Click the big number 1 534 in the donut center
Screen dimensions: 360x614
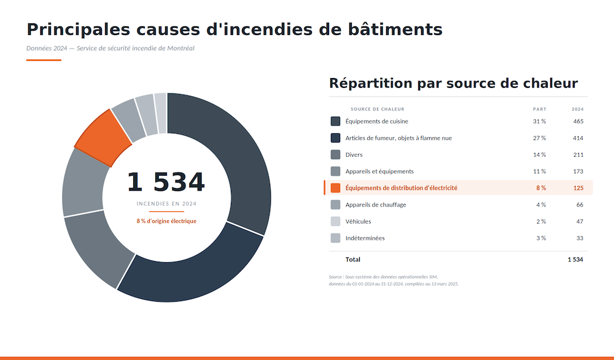click(166, 182)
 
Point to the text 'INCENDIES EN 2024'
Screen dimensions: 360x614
click(166, 203)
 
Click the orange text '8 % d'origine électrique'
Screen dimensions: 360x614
click(166, 221)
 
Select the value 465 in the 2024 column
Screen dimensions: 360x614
click(578, 122)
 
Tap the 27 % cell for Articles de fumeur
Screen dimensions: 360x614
click(539, 138)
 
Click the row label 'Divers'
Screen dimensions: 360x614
click(354, 155)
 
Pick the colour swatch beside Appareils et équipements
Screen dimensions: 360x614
click(335, 171)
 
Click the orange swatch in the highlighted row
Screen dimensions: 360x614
click(335, 188)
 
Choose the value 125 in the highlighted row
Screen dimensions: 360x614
click(578, 188)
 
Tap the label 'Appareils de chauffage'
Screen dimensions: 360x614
click(375, 205)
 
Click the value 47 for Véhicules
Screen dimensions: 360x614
click(580, 221)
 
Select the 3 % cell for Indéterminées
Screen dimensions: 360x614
click(540, 238)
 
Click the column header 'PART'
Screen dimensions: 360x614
click(539, 109)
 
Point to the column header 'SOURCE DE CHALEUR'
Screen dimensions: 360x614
click(377, 109)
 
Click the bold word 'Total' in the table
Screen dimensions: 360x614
click(353, 260)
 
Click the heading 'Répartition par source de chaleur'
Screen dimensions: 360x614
click(453, 83)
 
